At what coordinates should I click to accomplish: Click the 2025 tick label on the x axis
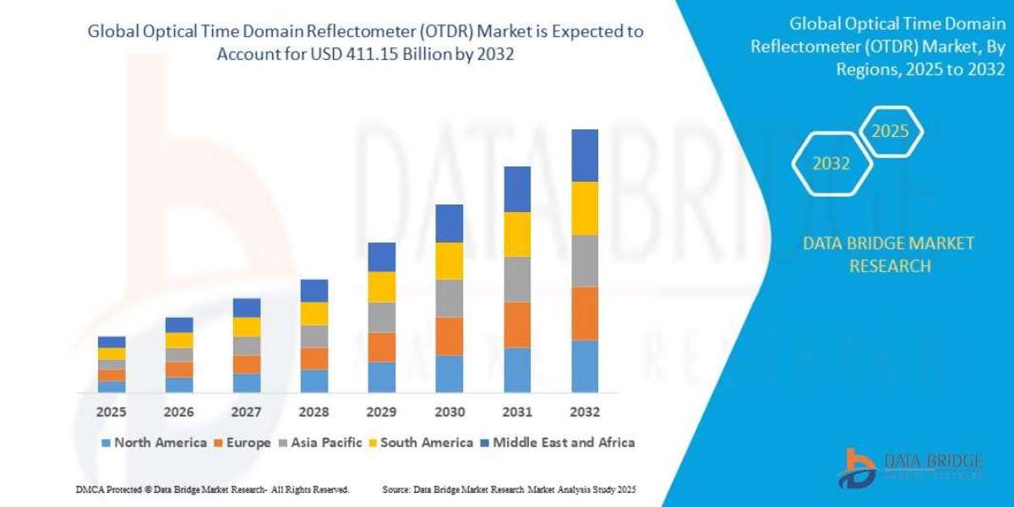pos(111,412)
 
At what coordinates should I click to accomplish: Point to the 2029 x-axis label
pos(381,412)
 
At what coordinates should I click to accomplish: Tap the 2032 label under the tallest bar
pos(585,412)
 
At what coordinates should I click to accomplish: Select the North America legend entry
pos(154,442)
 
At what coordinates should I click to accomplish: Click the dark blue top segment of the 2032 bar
pos(585,155)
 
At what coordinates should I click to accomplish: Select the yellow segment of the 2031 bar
pos(517,234)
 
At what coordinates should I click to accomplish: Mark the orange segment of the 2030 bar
pos(450,336)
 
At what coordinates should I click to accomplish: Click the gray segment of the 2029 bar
pos(382,317)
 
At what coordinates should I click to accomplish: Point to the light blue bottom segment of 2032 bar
pos(585,367)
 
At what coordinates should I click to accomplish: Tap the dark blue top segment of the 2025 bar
pos(112,342)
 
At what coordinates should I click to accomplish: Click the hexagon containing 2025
pos(890,132)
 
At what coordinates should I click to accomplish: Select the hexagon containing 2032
pos(831,164)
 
